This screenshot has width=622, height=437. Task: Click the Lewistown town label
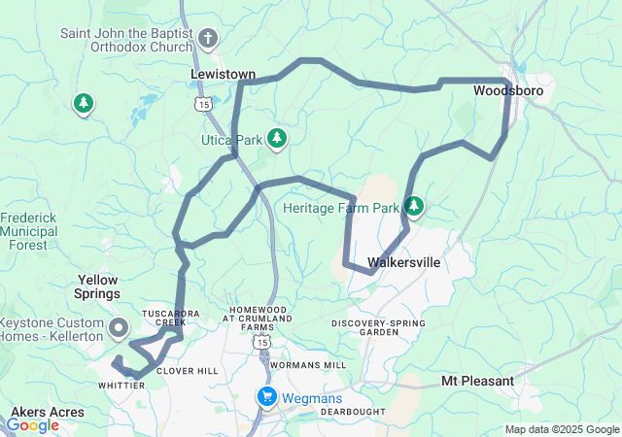click(x=223, y=74)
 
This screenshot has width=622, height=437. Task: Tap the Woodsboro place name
click(x=508, y=91)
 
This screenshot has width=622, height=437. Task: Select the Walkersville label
click(x=404, y=262)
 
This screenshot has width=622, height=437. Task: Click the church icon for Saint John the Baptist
click(x=207, y=39)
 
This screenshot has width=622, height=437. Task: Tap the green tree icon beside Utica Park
click(x=278, y=139)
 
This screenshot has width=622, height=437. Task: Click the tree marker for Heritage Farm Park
click(x=415, y=206)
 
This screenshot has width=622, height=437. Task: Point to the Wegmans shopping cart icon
click(x=266, y=396)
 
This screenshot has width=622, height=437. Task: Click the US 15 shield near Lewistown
click(x=202, y=103)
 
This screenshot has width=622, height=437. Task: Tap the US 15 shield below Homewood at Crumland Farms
click(x=260, y=343)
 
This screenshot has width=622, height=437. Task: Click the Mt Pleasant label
click(x=477, y=381)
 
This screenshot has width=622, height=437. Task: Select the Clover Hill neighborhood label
click(x=188, y=371)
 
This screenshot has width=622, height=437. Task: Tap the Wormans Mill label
click(x=308, y=365)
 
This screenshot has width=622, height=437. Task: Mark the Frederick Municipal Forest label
click(x=29, y=232)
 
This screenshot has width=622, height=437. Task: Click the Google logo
click(x=32, y=425)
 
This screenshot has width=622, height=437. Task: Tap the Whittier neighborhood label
click(x=121, y=386)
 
